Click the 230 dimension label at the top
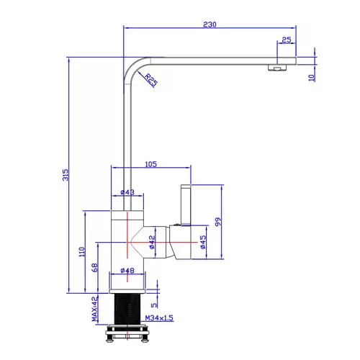pyautogui.click(x=210, y=24)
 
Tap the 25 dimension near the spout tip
pyautogui.click(x=287, y=40)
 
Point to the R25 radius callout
pyautogui.click(x=151, y=80)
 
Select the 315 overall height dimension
pyautogui.click(x=66, y=175)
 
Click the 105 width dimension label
pyautogui.click(x=150, y=164)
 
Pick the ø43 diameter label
pyautogui.click(x=127, y=192)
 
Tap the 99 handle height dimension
pyautogui.click(x=218, y=222)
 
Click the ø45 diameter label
pyautogui.click(x=203, y=242)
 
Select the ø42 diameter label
pyautogui.click(x=152, y=242)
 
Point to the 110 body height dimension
pyautogui.click(x=82, y=252)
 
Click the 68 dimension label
pyautogui.click(x=95, y=268)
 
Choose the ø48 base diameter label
pyautogui.click(x=127, y=271)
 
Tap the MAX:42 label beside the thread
pyautogui.click(x=95, y=309)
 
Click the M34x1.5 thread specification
pyautogui.click(x=159, y=318)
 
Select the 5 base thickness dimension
pyautogui.click(x=154, y=305)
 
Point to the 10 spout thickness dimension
pyautogui.click(x=311, y=78)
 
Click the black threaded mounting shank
pyautogui.click(x=127, y=309)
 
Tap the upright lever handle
pyautogui.click(x=186, y=205)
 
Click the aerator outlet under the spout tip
pyautogui.click(x=277, y=68)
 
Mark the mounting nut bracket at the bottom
pyautogui.click(x=127, y=333)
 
